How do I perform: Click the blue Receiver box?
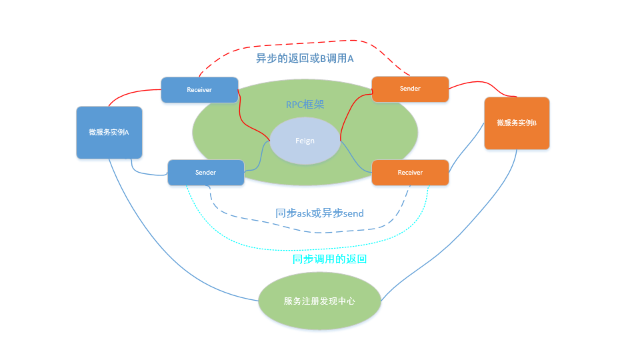199,90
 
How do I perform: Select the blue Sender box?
205,173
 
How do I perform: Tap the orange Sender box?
410,89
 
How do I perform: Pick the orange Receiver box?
410,173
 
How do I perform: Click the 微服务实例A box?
109,132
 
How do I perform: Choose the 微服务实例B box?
517,123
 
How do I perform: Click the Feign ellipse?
305,141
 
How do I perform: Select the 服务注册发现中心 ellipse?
319,301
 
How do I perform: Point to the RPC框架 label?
305,105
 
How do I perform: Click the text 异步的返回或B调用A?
305,59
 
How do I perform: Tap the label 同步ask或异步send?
319,213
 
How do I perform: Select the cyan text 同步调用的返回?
329,259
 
